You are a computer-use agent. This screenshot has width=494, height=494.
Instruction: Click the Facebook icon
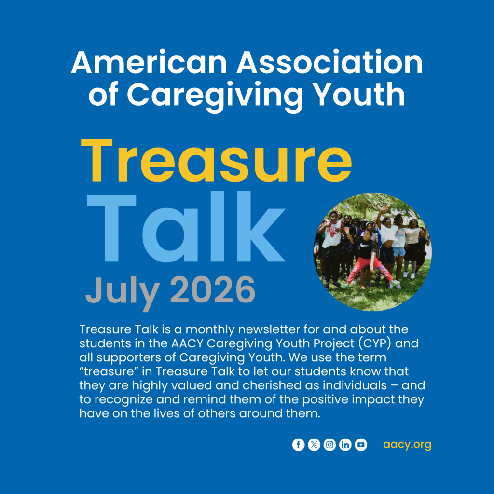pyautogui.click(x=298, y=444)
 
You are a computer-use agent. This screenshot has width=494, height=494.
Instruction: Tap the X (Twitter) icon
pyautogui.click(x=314, y=444)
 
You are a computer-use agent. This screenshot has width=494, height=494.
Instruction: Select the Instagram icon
pyautogui.click(x=329, y=444)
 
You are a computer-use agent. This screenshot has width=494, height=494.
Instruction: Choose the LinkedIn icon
pyautogui.click(x=345, y=444)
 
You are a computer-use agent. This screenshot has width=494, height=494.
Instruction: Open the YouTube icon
pyautogui.click(x=361, y=444)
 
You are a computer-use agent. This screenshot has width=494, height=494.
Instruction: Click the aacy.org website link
pyautogui.click(x=407, y=445)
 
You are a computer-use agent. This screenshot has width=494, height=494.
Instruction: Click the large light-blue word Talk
pyautogui.click(x=186, y=227)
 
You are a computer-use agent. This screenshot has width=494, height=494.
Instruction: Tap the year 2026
pyautogui.click(x=212, y=289)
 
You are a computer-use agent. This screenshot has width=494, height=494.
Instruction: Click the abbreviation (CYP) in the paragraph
pyautogui.click(x=374, y=343)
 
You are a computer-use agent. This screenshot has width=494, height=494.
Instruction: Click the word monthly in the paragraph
pyautogui.click(x=210, y=330)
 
